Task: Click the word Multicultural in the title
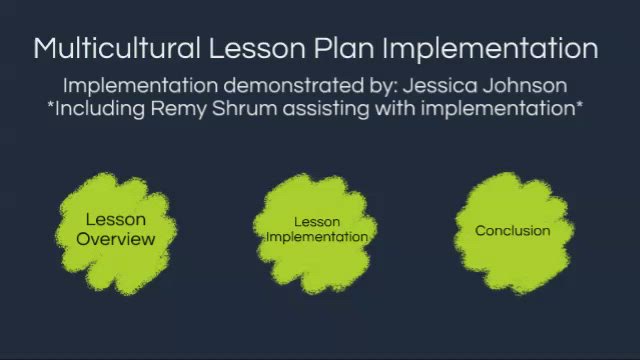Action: coord(117,48)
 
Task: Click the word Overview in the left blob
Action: coord(116,239)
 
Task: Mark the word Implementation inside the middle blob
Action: coord(317,237)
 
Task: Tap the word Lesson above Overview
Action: coord(115,220)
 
